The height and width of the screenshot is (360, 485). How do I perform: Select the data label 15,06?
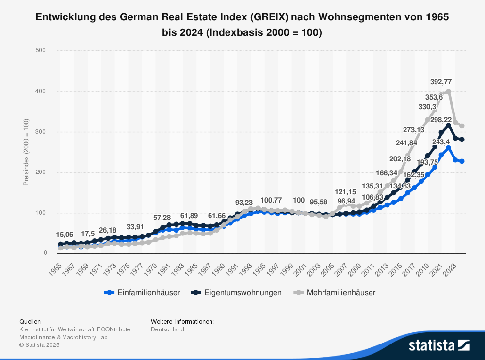pos(65,235)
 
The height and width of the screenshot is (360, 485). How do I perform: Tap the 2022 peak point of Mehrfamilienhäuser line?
pos(448,91)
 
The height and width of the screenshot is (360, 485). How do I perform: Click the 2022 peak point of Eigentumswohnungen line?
pos(448,125)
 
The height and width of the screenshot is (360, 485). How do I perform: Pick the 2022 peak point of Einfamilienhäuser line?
pos(448,148)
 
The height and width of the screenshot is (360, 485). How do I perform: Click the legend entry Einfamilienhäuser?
pos(142,292)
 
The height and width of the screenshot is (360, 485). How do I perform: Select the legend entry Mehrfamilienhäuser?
pos(335,292)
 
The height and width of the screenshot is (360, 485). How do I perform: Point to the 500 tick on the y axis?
pos(41,50)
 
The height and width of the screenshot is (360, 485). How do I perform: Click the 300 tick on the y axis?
pos(41,132)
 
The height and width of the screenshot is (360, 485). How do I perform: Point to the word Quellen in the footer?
pos(30,321)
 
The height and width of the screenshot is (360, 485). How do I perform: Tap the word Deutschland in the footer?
pos(167,329)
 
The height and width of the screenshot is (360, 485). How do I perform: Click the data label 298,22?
pos(441,120)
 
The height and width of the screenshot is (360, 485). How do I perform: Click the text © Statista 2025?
pos(39,345)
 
